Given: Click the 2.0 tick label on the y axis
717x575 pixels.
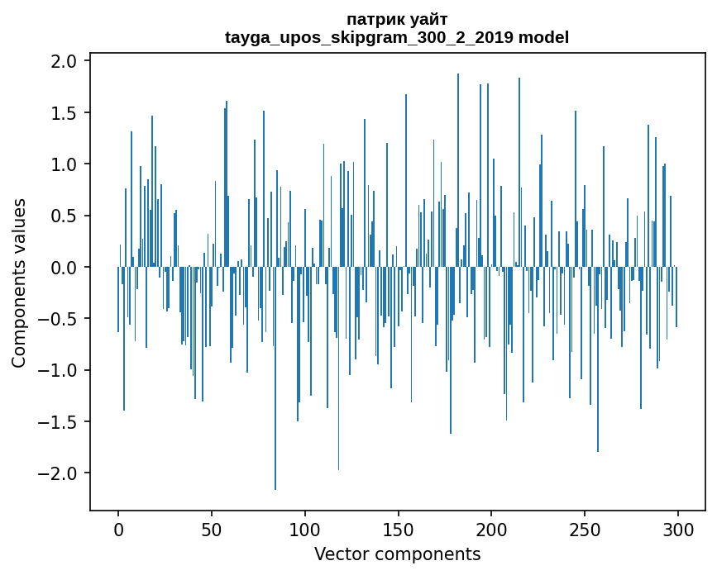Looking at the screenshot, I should [65, 61].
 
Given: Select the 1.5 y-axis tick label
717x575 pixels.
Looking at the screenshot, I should [65, 113].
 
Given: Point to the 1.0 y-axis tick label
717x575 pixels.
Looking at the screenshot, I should [65, 164].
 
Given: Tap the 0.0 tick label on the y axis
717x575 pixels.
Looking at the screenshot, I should [65, 268].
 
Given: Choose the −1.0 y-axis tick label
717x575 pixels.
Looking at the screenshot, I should [58, 370].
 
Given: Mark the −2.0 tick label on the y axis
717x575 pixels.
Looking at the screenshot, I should [58, 473].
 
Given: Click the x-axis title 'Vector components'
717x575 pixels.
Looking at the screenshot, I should [397, 554].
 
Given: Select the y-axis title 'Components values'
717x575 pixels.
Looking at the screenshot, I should [19, 283].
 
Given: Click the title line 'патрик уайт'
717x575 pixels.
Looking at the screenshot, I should [397, 19].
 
